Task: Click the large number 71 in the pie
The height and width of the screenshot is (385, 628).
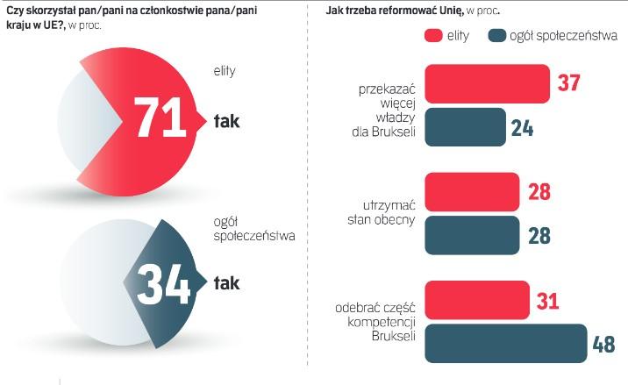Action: pyautogui.click(x=161, y=119)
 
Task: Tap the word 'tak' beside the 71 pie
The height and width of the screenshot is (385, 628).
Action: pyautogui.click(x=227, y=121)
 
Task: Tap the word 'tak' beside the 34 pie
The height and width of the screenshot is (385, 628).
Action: pyautogui.click(x=227, y=282)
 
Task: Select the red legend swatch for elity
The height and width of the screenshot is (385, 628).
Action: pyautogui.click(x=432, y=36)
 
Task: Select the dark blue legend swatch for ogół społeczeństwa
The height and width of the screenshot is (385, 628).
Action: pyautogui.click(x=498, y=36)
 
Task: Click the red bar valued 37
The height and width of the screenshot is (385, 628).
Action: pyautogui.click(x=487, y=82)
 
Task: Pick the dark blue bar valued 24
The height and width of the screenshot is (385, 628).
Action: pyautogui.click(x=465, y=126)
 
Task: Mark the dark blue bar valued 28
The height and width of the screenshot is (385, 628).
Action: pyautogui.click(x=474, y=235)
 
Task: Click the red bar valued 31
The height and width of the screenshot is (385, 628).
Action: pyautogui.click(x=476, y=300)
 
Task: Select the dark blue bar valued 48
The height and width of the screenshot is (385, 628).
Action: pyautogui.click(x=504, y=343)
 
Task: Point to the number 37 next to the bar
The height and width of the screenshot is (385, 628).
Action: pyautogui.click(x=571, y=82)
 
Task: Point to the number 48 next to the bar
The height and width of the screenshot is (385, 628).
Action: pyautogui.click(x=603, y=343)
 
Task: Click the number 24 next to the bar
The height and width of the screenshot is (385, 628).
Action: pyautogui.click(x=523, y=126)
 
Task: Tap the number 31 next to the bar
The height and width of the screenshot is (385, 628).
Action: pyautogui.click(x=550, y=300)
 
